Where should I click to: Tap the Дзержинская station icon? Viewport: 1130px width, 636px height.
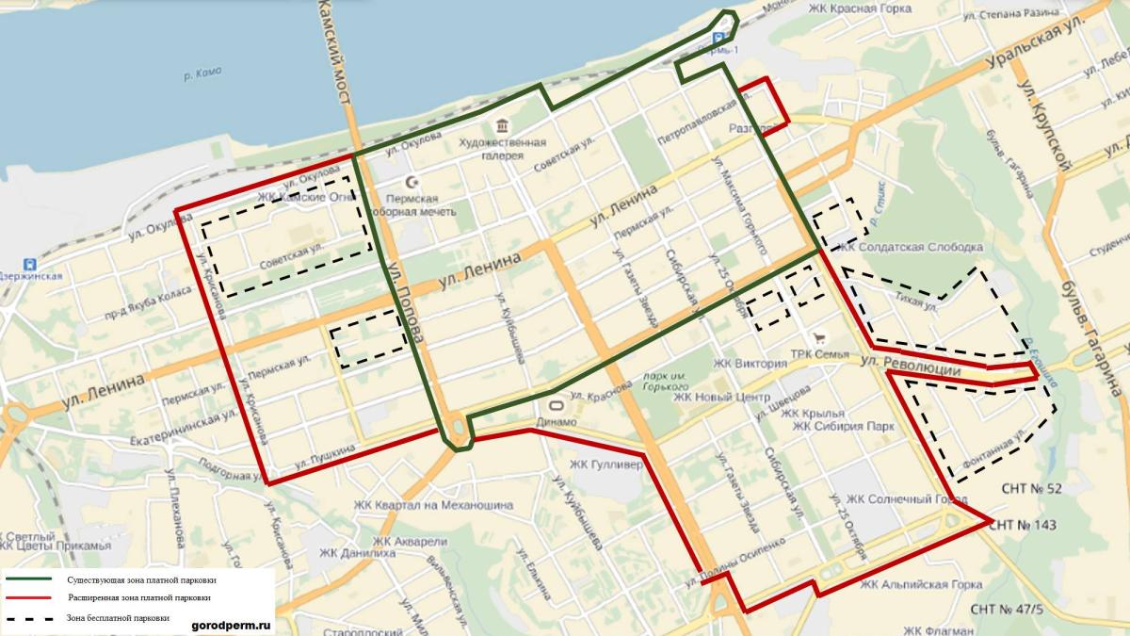pos(30,264)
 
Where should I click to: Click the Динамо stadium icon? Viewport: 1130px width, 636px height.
pos(551,407)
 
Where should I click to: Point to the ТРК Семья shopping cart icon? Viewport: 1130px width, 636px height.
pos(820,338)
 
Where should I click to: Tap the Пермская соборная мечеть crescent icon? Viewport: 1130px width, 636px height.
pos(411,182)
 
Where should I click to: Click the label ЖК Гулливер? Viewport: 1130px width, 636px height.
pos(605,465)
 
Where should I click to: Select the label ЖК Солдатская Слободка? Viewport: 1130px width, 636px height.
pos(910,247)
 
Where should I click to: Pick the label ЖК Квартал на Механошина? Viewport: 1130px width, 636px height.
pos(433,504)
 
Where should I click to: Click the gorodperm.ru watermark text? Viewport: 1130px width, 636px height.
pos(231,623)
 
